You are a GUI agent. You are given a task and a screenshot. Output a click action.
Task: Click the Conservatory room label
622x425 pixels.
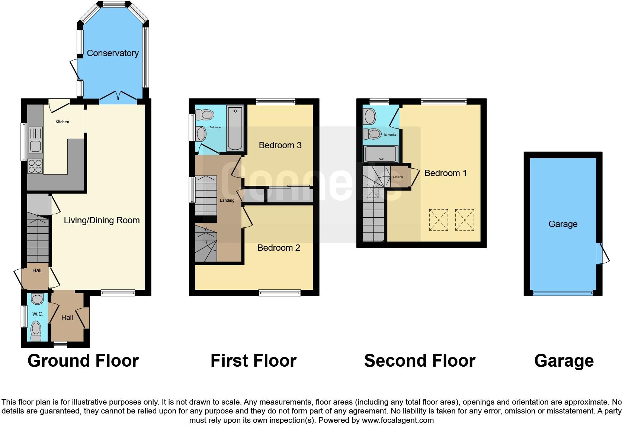point(112,53)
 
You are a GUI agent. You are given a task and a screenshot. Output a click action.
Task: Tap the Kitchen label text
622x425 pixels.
point(62,122)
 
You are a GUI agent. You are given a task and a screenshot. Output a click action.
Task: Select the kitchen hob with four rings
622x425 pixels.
point(35,166)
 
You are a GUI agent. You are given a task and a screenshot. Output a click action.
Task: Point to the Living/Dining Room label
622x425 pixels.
point(102,220)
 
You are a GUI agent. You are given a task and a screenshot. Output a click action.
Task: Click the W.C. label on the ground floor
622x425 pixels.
point(38,314)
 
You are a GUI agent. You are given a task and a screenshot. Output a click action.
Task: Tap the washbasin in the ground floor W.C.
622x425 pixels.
point(38,298)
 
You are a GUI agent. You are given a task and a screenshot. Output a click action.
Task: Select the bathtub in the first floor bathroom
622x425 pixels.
point(235,128)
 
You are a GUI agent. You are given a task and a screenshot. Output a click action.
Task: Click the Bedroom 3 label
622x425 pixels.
point(280,145)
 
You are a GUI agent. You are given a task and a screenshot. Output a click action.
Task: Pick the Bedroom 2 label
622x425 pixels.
point(279,248)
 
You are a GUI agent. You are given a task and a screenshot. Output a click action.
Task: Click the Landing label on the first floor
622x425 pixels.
point(227,200)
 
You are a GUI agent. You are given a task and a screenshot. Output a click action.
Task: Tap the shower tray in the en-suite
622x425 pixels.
point(381,154)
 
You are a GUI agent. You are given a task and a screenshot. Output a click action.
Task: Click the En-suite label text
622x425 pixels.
point(390,134)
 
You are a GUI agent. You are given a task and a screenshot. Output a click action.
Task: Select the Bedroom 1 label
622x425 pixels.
point(445,173)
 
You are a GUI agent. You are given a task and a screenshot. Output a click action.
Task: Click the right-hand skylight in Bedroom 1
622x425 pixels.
point(465,220)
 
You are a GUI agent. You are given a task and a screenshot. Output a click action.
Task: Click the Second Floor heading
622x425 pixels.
point(420,361)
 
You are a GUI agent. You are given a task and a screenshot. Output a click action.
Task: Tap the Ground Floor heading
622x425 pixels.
point(83,361)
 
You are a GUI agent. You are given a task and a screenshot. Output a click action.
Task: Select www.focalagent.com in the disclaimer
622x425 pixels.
point(398,420)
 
